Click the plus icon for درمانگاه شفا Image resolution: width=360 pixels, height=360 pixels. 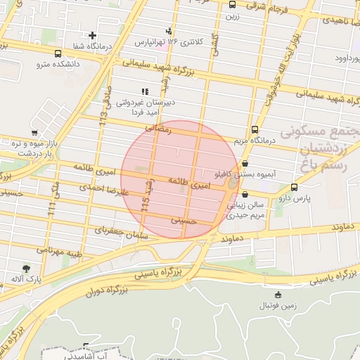click(92, 35)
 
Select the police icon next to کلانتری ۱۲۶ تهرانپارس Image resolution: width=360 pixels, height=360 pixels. click(169, 31)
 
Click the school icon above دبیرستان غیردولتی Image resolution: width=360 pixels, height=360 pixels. click(145, 91)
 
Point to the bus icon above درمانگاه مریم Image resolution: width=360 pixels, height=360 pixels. click(255, 129)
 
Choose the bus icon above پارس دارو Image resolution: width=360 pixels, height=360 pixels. click(293, 187)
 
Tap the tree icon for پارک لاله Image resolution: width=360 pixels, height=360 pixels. click(27, 268)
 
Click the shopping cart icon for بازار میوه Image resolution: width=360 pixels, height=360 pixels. click(34, 132)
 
